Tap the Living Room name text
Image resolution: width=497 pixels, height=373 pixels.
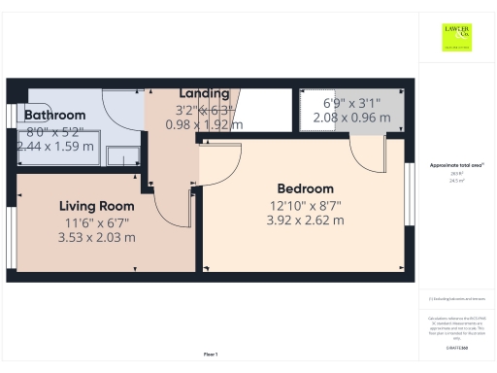(x=96, y=206)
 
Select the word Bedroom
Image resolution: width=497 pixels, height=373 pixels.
(x=306, y=188)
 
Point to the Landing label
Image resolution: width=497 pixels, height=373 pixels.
(x=204, y=93)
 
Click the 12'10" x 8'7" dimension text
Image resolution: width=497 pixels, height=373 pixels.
(x=306, y=205)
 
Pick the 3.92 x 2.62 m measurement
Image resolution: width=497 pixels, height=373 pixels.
(x=306, y=220)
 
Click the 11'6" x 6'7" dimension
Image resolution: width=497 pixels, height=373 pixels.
(x=96, y=222)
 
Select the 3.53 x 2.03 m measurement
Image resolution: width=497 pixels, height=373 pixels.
(x=96, y=238)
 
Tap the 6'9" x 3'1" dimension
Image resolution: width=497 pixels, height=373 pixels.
(x=351, y=103)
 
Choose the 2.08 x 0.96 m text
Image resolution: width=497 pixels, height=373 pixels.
(x=351, y=119)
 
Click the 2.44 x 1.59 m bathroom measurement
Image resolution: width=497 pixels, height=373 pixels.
(x=55, y=147)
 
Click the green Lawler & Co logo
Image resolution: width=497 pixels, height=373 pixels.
(x=456, y=38)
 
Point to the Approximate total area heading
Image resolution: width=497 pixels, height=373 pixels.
(x=456, y=165)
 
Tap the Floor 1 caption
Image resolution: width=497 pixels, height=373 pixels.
(x=211, y=355)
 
